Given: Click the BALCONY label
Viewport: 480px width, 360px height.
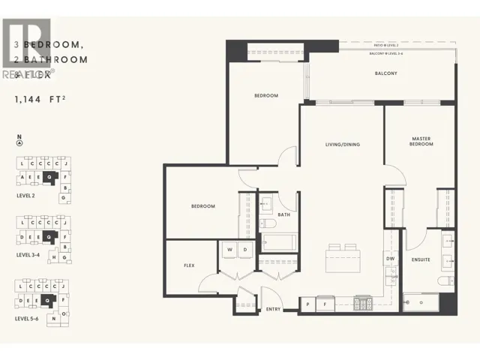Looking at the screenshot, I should coord(385,73).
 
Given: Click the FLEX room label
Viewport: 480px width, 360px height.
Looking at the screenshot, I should coord(190,265).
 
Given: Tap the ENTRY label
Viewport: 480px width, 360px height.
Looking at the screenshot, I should coord(274,309).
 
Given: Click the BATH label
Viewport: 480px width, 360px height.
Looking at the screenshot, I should coord(283,215).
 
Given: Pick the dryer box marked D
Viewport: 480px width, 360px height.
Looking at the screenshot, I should coord(244,250).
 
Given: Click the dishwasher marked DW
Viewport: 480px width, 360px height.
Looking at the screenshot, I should coord(390,259).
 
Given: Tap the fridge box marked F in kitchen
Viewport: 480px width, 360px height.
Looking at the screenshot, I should coord(325,304).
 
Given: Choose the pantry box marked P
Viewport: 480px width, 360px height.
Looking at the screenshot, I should coord(308,304).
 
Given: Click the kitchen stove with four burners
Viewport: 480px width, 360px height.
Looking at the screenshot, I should coord(364,304).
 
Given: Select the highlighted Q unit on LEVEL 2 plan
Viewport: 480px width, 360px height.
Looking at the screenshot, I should coord(49,177).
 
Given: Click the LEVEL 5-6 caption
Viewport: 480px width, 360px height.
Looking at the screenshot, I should coord(31,319).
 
